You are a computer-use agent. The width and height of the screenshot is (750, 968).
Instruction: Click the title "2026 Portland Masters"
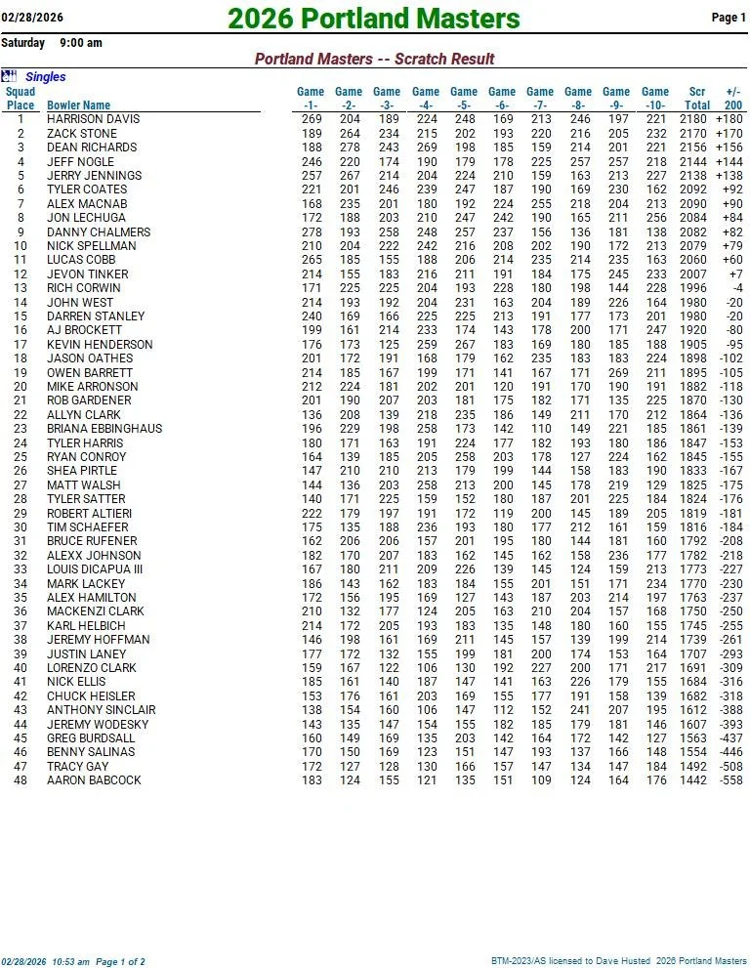point(374,19)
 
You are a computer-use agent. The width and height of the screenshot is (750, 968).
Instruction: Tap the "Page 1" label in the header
point(729,18)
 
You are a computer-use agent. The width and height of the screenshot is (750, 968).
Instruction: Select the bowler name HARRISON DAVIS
point(94,119)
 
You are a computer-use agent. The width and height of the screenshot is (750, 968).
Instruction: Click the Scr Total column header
point(696,99)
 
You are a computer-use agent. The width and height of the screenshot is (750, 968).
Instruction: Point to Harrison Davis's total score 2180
point(693,119)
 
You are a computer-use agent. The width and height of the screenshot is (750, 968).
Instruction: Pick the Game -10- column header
point(655,99)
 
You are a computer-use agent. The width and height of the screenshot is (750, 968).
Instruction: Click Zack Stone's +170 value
point(729,134)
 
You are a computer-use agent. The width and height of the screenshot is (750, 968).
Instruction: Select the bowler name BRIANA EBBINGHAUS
point(104,429)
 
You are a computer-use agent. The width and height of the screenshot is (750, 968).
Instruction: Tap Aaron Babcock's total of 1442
point(693,780)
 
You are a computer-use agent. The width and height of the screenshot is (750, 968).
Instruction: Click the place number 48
point(21,780)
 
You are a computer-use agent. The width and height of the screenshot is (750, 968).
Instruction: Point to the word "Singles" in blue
point(46,77)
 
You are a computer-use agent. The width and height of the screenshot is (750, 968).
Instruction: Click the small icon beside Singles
point(9,76)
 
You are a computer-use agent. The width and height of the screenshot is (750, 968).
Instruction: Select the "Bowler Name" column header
point(78,105)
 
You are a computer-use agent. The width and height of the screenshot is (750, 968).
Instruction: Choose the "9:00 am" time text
point(81,43)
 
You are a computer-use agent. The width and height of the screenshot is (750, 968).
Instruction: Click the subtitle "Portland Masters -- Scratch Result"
point(374,60)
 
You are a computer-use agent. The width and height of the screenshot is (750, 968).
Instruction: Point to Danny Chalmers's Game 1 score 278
point(311,232)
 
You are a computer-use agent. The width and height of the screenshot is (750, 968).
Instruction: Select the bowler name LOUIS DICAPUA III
point(95,569)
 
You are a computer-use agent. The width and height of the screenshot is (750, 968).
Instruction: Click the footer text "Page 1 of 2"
point(120,962)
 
